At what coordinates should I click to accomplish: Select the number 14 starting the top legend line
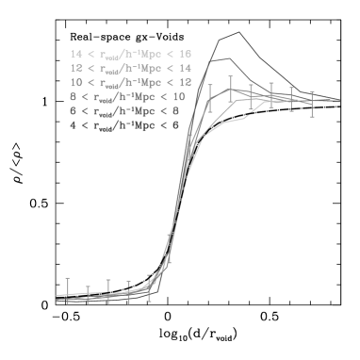pyautogui.click(x=76, y=55)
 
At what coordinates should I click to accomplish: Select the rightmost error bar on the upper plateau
pyautogui.click(x=312, y=104)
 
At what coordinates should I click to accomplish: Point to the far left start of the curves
pyautogui.click(x=57, y=297)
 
